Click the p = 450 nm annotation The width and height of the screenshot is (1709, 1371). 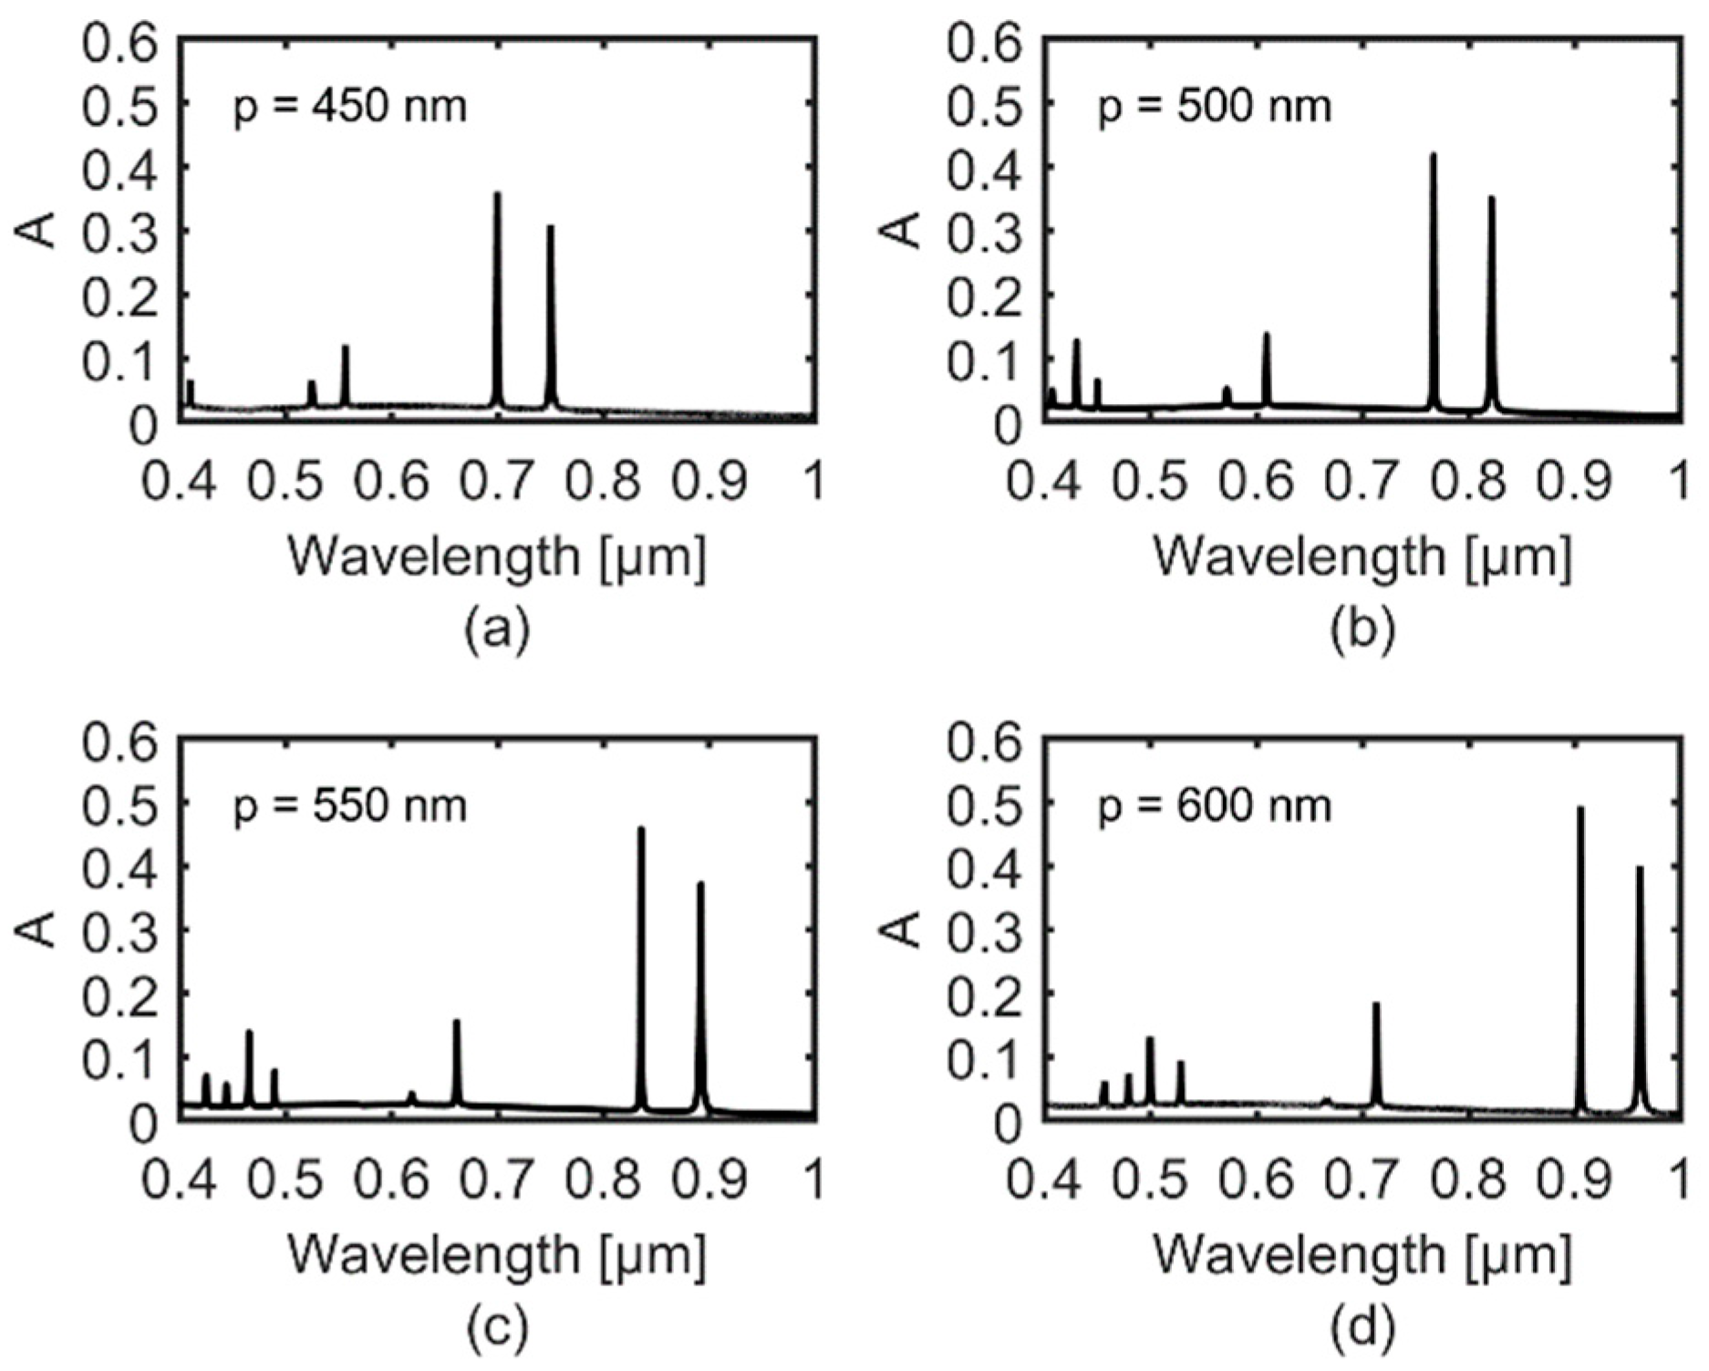coord(350,108)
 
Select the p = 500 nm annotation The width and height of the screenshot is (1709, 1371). coord(1214,108)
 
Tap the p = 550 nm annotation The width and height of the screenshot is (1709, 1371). coord(350,806)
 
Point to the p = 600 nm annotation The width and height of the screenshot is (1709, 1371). coord(1214,806)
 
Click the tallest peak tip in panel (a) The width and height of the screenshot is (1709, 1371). coord(497,194)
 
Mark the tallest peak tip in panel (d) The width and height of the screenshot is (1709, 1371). coord(1580,808)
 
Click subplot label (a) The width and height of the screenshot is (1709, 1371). coord(497,630)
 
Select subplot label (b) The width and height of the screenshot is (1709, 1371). coord(1362,630)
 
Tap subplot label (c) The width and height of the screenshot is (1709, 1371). coord(497,1329)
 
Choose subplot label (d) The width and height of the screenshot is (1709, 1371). coord(1362,1329)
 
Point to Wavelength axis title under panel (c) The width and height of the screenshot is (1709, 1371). coord(497,1254)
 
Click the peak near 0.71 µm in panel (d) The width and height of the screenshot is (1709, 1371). coord(1376,1004)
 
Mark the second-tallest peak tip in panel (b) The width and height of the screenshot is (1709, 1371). coord(1491,198)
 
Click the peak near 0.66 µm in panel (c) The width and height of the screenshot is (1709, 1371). coord(456,1022)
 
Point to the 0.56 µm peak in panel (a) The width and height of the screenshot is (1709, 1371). coord(346,348)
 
